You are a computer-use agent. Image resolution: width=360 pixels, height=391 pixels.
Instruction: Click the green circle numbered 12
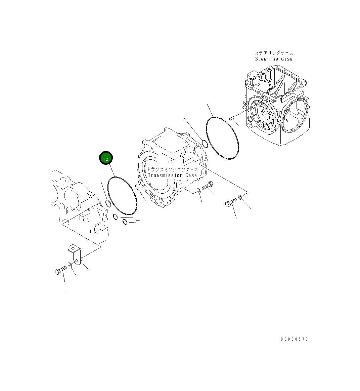coord(106,158)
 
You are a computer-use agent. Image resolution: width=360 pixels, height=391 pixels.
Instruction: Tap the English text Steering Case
coord(274,59)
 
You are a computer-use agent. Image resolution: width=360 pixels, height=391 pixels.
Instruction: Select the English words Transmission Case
coord(172,175)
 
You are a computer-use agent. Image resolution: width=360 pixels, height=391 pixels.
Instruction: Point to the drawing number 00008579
coord(294,339)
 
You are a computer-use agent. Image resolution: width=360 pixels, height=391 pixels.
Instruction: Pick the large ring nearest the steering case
coord(222,138)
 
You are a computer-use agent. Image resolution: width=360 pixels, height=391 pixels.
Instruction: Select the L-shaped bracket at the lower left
coord(75,255)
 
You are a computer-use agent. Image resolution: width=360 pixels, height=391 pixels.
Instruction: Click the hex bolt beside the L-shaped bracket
coord(60,271)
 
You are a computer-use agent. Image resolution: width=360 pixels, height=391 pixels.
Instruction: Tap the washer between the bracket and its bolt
coord(70,265)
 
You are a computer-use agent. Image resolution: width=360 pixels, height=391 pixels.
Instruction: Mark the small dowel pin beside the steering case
coord(231,118)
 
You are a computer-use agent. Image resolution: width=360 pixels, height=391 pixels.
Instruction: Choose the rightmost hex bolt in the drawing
coord(231,203)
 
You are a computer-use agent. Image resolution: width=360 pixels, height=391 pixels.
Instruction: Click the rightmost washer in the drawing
coord(240,197)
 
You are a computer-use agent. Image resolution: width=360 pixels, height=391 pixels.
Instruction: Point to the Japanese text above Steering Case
coord(274,53)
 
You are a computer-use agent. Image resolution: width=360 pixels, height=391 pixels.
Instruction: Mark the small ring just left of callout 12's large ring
coord(108,203)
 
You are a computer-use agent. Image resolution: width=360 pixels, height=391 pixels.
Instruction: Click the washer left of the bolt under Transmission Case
coord(198,191)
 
